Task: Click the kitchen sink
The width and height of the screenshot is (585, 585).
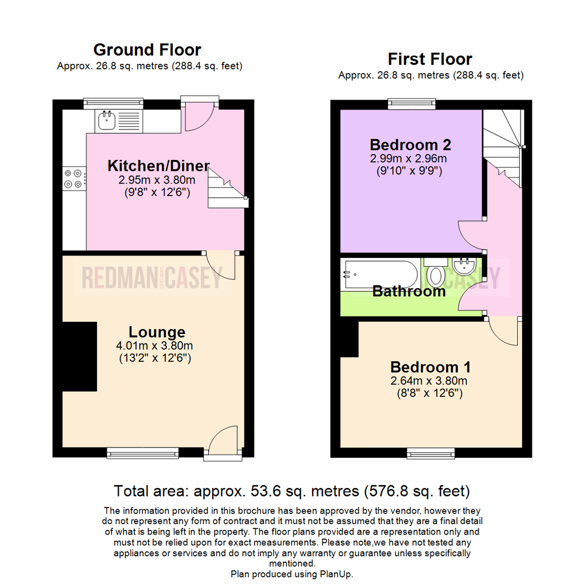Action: (107, 121)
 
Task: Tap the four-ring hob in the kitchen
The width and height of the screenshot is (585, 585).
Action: (74, 179)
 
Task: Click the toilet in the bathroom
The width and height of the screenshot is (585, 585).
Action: (435, 274)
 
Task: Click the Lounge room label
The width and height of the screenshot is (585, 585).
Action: (157, 332)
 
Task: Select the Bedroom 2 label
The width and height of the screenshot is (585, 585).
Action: (410, 145)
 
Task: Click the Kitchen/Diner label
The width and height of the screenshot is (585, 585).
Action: (158, 166)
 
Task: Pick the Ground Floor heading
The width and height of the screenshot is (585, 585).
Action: (147, 50)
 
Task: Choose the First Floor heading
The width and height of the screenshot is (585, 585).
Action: (430, 59)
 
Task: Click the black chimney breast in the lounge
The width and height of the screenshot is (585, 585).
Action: (79, 356)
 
